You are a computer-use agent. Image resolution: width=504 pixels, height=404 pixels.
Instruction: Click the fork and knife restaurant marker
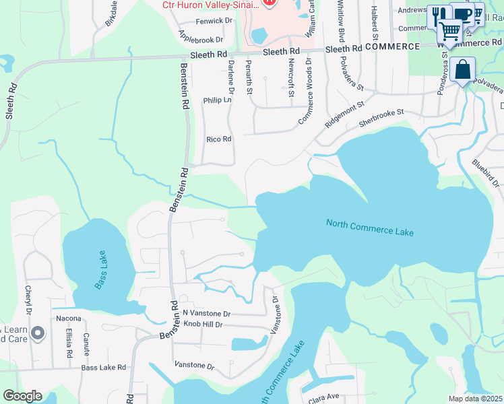click(439, 16)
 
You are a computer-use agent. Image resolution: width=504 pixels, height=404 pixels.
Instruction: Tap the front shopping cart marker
click(449, 30)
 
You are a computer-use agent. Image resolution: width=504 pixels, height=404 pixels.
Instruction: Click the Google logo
click(22, 396)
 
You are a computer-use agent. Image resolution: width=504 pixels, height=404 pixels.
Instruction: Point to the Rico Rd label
click(218, 139)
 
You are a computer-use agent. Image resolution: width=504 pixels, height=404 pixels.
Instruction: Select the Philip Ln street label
click(217, 100)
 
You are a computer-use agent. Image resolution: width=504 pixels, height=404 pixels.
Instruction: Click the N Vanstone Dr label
click(206, 314)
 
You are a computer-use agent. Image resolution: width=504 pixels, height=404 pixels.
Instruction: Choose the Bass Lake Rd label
click(104, 368)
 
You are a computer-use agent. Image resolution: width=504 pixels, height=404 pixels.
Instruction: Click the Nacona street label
click(69, 318)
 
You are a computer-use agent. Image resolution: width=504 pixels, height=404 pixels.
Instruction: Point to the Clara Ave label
click(323, 398)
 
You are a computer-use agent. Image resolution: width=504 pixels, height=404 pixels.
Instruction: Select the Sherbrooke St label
click(381, 119)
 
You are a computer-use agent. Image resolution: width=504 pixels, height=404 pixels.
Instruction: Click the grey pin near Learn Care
click(37, 333)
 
